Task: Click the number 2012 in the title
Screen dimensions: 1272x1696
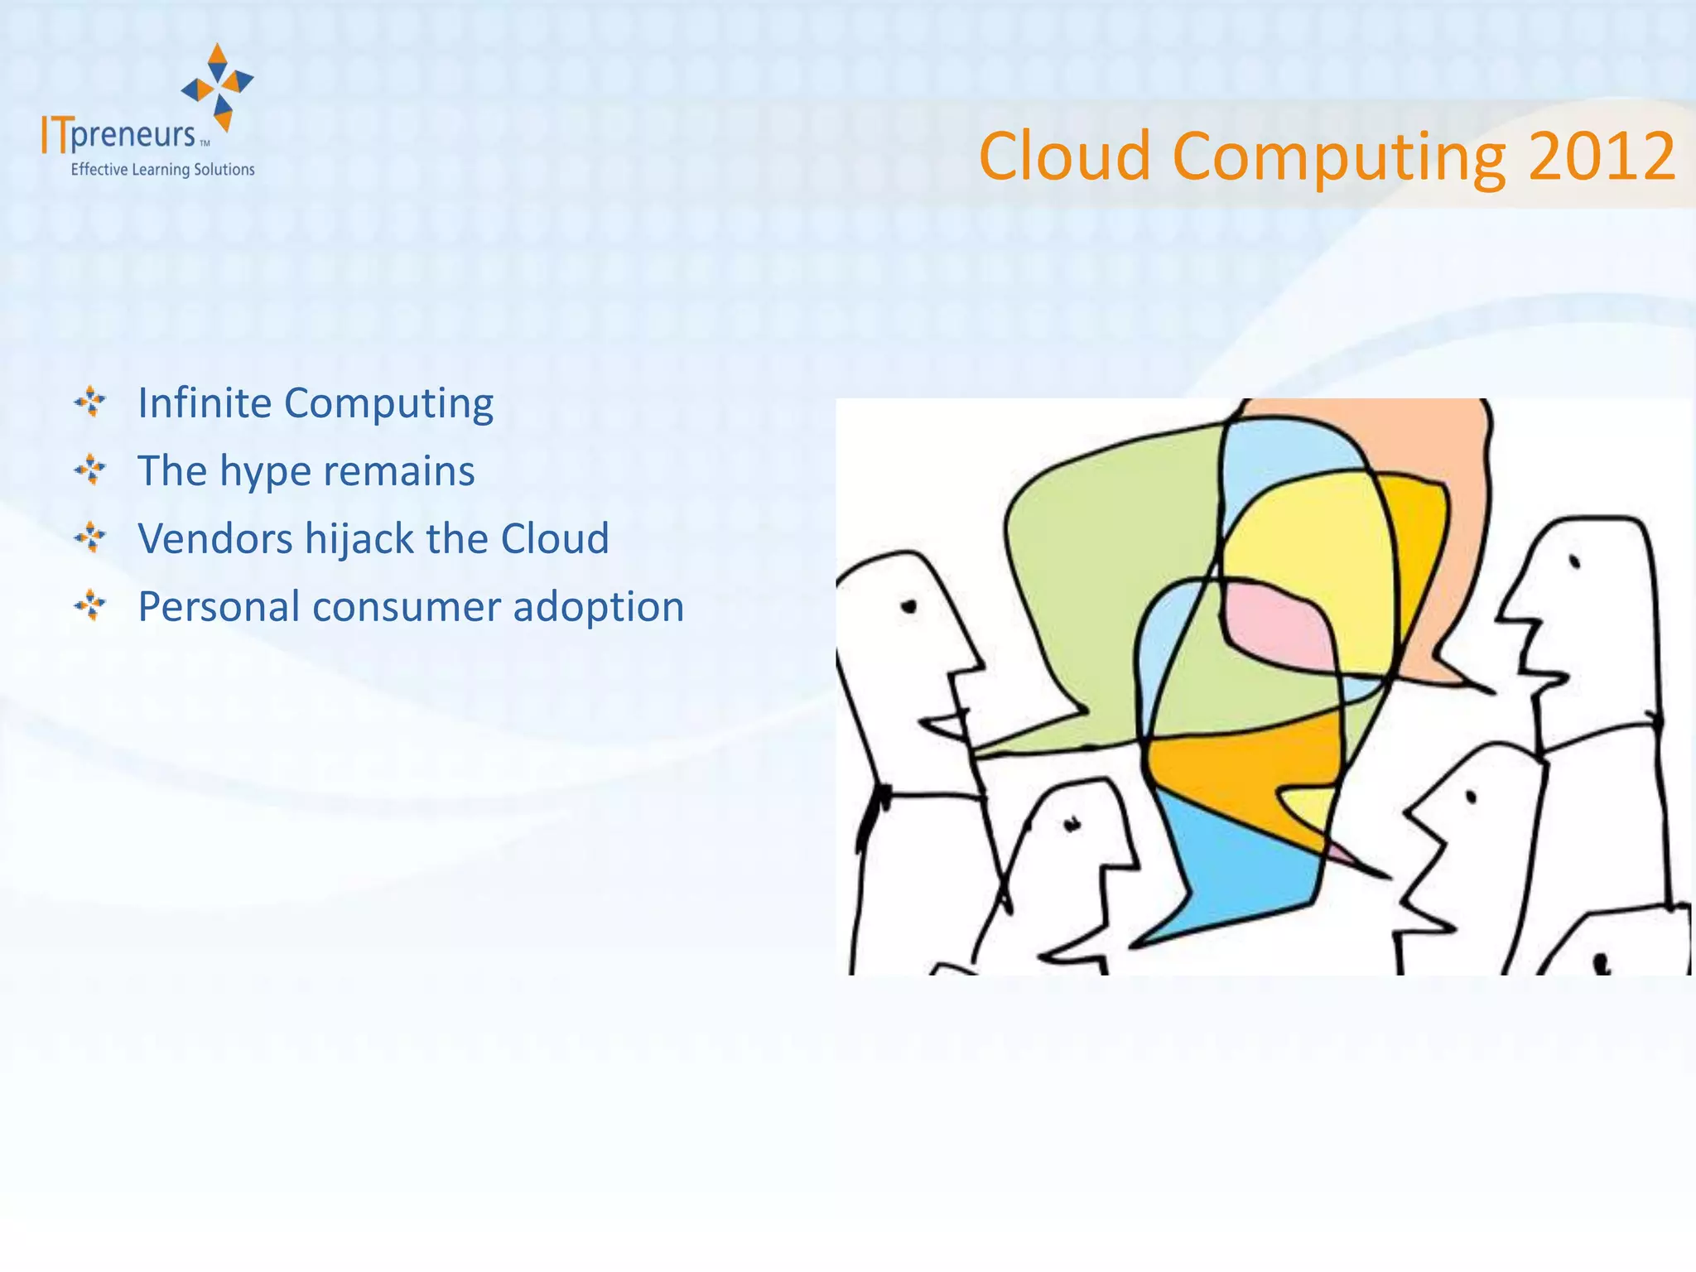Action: click(1602, 157)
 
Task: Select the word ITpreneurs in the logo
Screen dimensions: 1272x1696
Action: click(119, 135)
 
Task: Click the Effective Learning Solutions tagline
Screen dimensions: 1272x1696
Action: click(162, 170)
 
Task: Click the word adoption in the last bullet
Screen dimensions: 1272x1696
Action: click(598, 608)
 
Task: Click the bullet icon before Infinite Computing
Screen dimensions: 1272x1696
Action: click(90, 402)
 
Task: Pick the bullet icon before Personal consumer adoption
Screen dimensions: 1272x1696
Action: click(90, 606)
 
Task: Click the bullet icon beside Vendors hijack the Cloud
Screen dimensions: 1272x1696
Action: click(90, 538)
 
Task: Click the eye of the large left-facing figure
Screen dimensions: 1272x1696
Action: click(909, 608)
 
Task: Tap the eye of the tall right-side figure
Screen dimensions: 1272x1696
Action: click(1575, 562)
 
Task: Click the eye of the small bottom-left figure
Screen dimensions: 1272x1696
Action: click(1073, 824)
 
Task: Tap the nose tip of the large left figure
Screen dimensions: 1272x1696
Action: click(983, 663)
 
